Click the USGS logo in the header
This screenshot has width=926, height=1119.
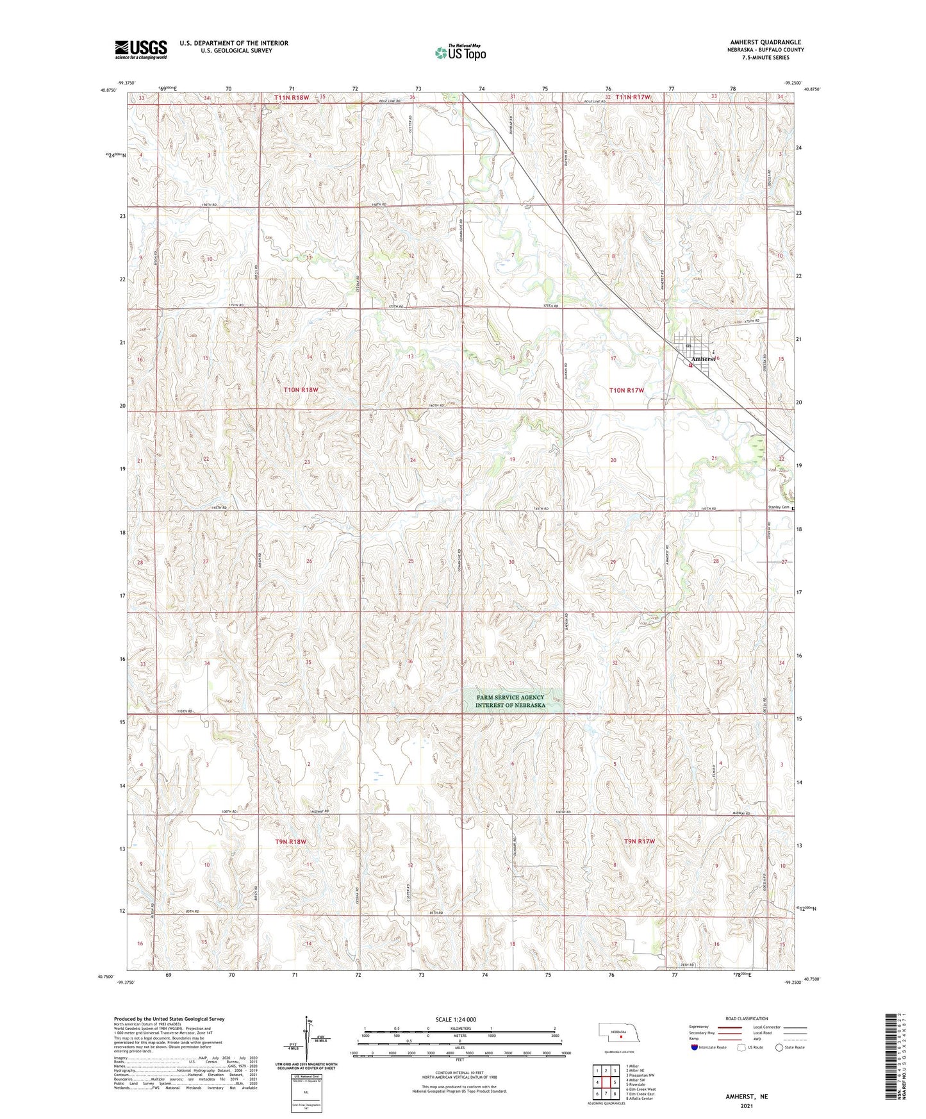point(141,49)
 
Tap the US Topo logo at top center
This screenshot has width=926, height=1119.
point(459,53)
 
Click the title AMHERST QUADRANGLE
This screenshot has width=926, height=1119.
point(765,42)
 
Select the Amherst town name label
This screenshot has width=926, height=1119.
point(703,359)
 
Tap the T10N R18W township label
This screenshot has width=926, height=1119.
point(301,390)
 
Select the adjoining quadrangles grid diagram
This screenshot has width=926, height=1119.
point(605,1082)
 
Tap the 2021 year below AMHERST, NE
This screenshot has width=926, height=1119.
point(747,1106)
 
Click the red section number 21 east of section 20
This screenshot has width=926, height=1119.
point(714,458)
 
